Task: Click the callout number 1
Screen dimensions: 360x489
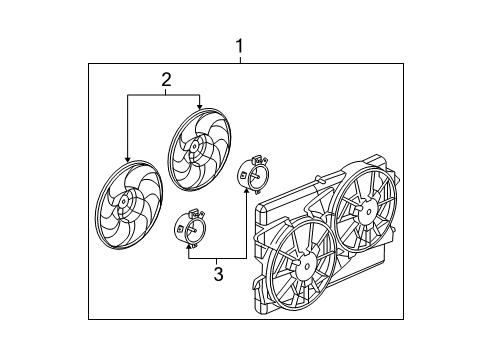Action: pos(240,45)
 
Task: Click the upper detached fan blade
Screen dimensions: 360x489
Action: pos(197,150)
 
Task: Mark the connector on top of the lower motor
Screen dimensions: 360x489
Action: pos(196,214)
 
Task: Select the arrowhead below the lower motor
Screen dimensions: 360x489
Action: pos(190,249)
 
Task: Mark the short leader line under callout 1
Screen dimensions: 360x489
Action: pos(240,59)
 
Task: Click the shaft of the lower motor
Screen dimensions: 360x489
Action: pos(192,229)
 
